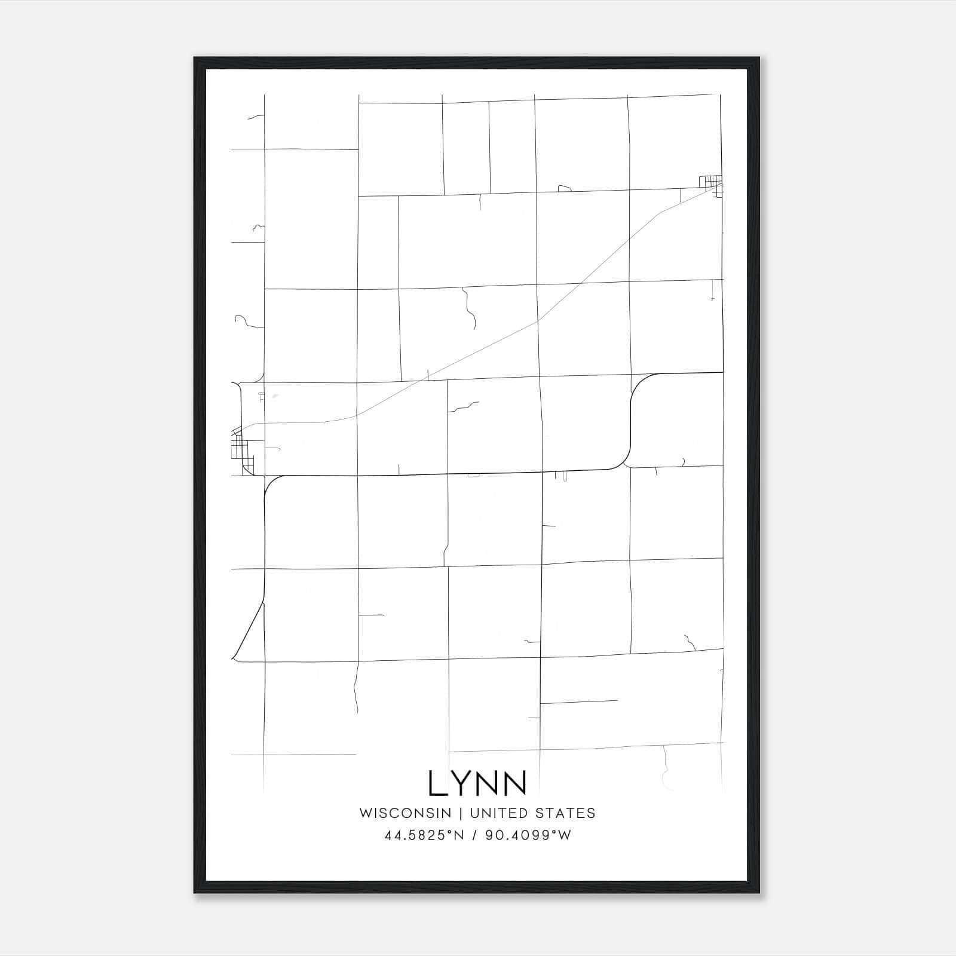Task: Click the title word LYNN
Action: (x=477, y=783)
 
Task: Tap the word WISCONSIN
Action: (x=405, y=813)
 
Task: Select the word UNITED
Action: (x=499, y=813)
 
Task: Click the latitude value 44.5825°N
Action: (x=424, y=835)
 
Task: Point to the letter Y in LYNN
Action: (x=464, y=783)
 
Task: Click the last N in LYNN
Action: (x=514, y=783)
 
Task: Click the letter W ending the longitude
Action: (x=565, y=835)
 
